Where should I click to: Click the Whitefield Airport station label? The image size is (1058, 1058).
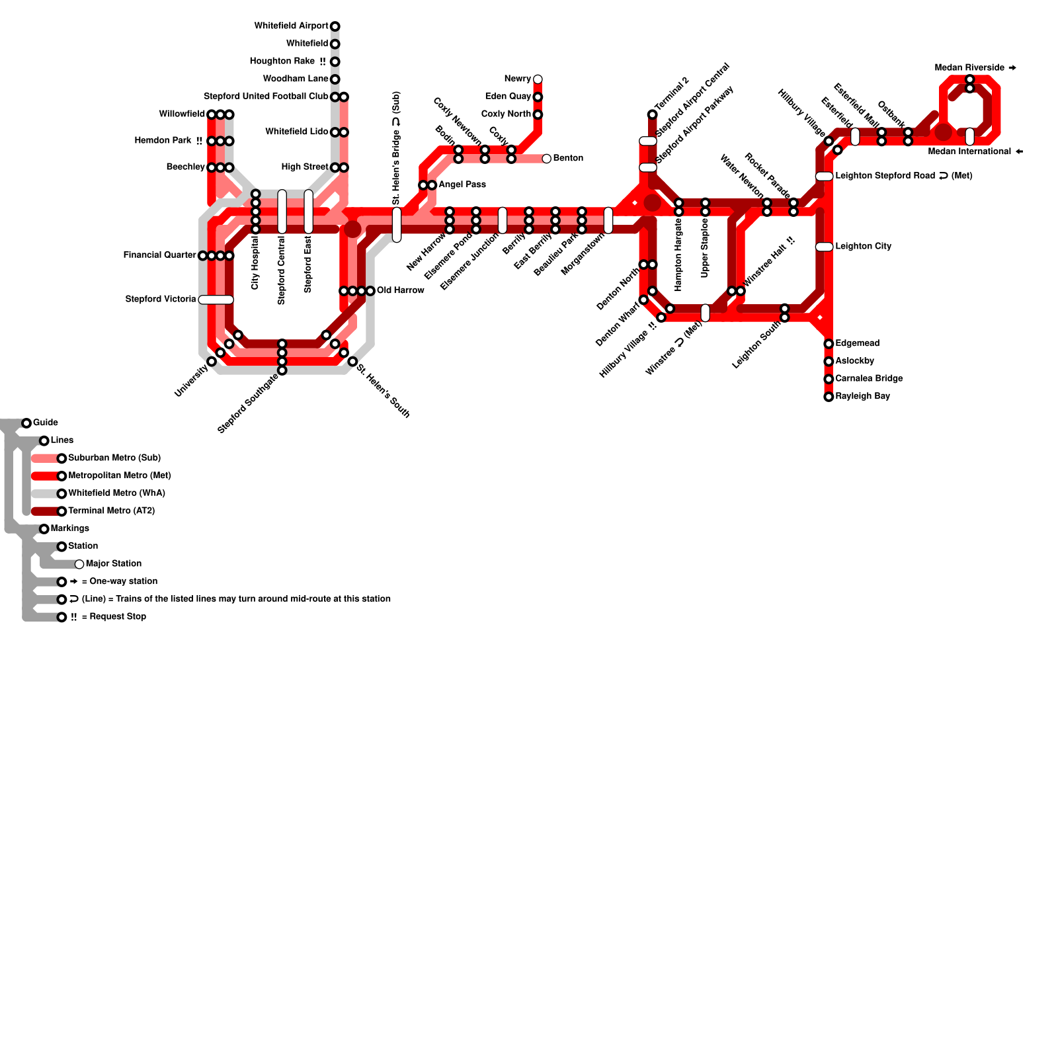tap(291, 26)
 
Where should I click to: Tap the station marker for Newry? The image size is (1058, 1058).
tap(538, 79)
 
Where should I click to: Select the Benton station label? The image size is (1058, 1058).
tap(568, 158)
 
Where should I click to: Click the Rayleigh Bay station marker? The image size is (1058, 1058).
tap(829, 397)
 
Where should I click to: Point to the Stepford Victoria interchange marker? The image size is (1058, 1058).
tap(216, 300)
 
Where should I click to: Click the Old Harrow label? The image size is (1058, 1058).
tap(400, 290)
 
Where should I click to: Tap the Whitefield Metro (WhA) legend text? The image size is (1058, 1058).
tap(116, 493)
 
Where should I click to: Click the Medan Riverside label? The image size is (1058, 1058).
tap(969, 67)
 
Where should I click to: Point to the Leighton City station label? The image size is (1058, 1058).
tap(863, 246)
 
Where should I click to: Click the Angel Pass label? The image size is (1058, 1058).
tap(462, 184)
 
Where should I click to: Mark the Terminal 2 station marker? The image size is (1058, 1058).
tap(652, 114)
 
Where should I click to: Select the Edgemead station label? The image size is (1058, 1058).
tap(857, 343)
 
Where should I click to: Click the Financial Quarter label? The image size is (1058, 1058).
tap(159, 255)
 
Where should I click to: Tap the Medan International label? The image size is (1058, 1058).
tap(969, 151)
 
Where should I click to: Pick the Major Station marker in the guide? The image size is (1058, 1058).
tap(79, 564)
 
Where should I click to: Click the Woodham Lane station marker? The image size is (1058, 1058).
tap(335, 79)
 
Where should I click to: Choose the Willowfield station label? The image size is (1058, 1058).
tap(182, 114)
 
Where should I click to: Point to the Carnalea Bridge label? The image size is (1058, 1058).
tap(869, 378)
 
